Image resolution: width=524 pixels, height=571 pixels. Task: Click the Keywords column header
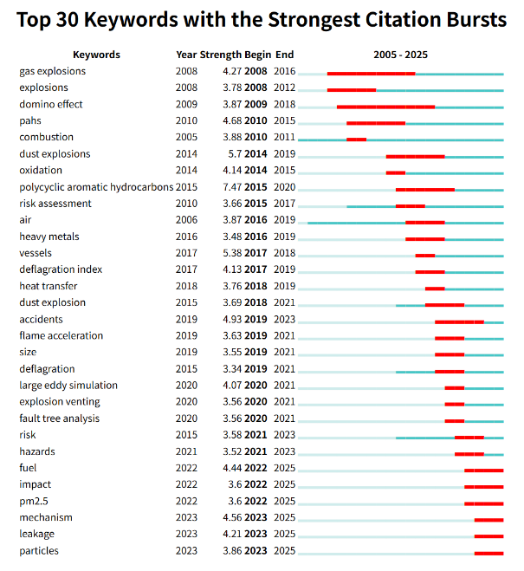tap(96, 55)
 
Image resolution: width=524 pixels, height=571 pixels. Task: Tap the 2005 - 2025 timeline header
tap(400, 55)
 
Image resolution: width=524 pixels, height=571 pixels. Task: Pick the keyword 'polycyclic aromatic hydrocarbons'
tap(96, 187)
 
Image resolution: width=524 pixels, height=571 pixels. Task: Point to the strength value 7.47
tap(231, 187)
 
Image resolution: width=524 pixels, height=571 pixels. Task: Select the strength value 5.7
tap(234, 154)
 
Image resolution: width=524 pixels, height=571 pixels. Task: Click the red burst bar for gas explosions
tap(371, 74)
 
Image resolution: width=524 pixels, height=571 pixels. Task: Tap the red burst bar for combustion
tap(356, 140)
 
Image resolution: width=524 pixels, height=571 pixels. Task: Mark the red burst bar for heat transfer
tap(435, 289)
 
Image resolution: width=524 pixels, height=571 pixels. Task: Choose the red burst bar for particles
tap(488, 553)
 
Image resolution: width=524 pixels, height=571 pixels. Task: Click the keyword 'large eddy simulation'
tap(68, 386)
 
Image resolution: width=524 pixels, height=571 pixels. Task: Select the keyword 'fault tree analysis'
tap(59, 419)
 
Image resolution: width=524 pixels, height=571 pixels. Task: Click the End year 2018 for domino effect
tap(284, 104)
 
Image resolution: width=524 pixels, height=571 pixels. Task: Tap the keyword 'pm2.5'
tap(35, 501)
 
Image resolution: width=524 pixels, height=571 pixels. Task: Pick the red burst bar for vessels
tap(424, 256)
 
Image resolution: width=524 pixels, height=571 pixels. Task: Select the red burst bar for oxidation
tap(395, 172)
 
